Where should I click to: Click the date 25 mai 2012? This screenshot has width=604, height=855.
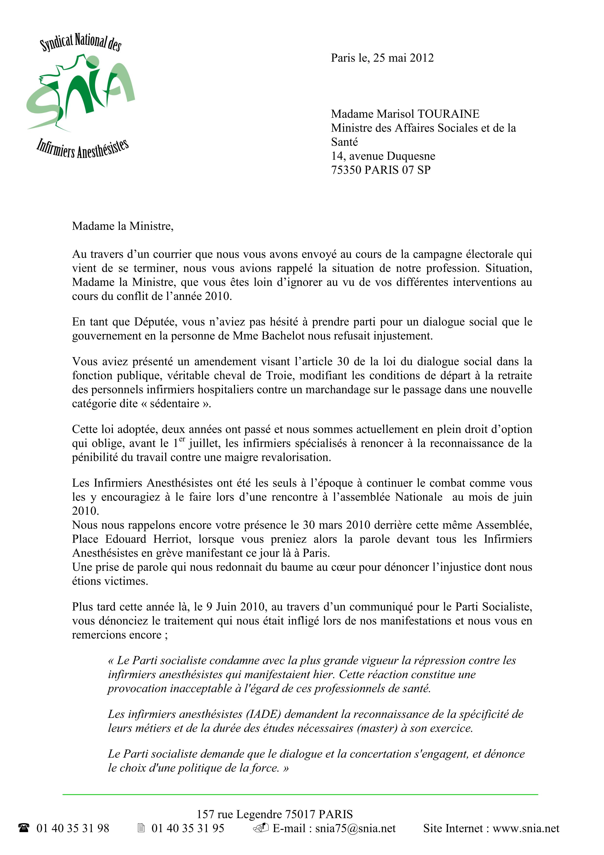(x=403, y=58)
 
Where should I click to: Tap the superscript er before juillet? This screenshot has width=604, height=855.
(x=182, y=439)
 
